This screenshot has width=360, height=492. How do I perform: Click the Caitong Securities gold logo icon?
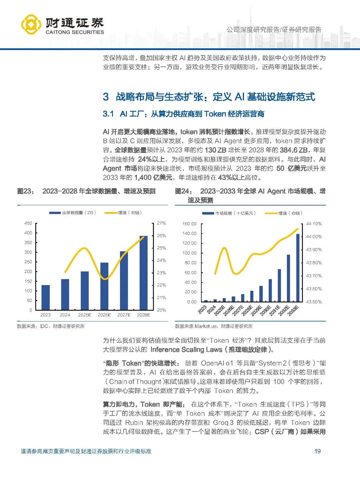coord(31,24)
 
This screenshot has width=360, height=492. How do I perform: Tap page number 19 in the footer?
coord(317,451)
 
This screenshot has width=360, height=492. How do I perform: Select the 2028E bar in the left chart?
coord(144,273)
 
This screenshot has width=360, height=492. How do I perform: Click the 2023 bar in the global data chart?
coord(46,297)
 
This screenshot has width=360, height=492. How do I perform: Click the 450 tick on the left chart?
coord(28,223)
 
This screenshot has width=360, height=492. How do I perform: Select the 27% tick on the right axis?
coord(162,223)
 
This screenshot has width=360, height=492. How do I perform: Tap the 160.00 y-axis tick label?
coord(189,224)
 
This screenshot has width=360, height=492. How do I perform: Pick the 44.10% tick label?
coord(314,224)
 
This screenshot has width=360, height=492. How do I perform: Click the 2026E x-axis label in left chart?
coord(104,315)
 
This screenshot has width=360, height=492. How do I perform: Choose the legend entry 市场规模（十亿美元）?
coord(235,213)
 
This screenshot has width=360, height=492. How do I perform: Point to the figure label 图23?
coord(26,191)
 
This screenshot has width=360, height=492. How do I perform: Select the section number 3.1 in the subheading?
coord(108,114)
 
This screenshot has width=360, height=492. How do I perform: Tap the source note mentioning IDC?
coord(51,326)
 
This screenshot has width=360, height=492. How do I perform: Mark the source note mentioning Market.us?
coord(214,326)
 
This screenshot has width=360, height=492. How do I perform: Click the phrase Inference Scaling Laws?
coord(186,349)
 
